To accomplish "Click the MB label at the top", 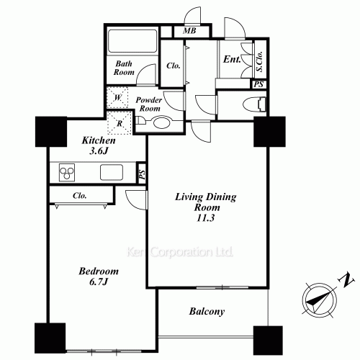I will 189,31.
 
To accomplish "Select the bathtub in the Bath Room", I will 131,41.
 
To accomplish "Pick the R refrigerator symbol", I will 120,122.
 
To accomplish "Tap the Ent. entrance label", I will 232,60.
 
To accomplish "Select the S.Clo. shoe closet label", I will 259,62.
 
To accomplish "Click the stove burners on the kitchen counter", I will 68,173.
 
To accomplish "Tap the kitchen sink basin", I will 112,173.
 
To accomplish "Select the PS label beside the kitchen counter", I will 142,174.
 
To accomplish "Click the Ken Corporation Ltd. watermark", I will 180,253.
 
